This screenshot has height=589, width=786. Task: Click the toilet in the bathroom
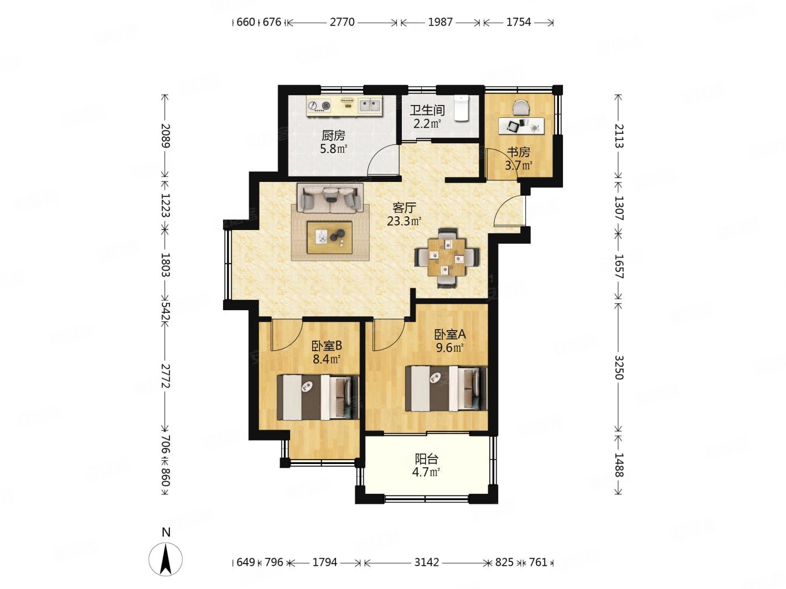[461, 108]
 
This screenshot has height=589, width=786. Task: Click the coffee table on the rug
[329, 237]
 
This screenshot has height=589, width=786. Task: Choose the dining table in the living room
[447, 257]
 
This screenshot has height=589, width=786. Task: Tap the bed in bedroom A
[446, 388]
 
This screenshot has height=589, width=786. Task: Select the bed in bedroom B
[318, 397]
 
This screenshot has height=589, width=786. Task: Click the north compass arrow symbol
[166, 559]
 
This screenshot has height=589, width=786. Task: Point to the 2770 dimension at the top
[342, 22]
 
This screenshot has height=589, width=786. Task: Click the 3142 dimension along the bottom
[426, 562]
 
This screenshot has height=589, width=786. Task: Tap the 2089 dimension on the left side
[166, 135]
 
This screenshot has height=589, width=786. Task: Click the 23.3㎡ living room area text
[404, 221]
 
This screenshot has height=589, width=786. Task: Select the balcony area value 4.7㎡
[426, 472]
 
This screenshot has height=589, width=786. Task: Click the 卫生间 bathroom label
[427, 110]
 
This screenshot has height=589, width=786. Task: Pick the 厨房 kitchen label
[333, 135]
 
